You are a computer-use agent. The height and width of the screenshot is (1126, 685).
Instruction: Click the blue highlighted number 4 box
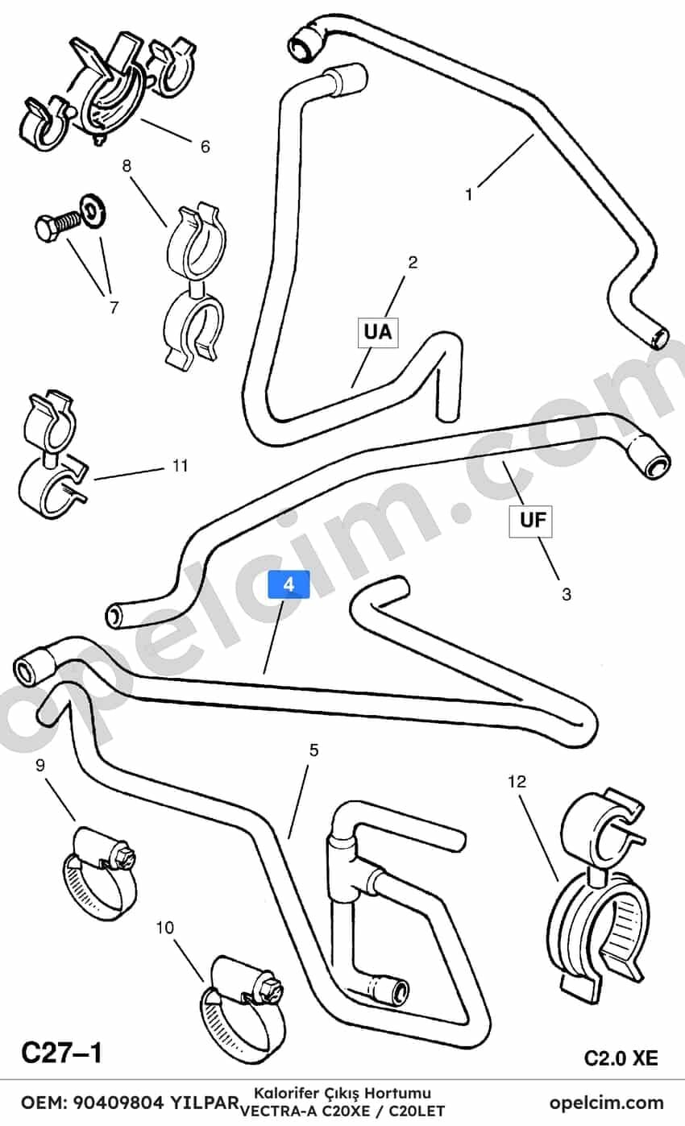[289, 584]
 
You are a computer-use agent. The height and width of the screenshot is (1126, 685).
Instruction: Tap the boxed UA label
[378, 332]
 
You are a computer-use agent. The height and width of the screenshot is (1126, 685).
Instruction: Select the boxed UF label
[530, 521]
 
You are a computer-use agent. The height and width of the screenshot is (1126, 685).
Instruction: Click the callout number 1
[469, 194]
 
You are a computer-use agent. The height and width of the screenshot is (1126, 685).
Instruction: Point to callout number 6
[205, 147]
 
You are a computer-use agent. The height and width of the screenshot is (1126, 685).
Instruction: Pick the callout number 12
[517, 782]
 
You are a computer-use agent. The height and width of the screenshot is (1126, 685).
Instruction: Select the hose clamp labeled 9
[98, 873]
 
